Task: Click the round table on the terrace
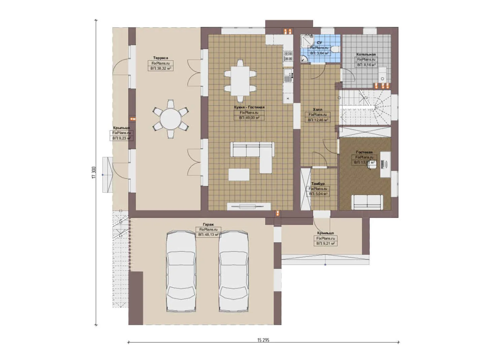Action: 170,119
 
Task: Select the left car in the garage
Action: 181,271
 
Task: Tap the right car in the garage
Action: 234,271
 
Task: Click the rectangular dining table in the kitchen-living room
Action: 240,81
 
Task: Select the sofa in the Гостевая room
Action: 367,202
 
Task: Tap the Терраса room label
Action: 161,58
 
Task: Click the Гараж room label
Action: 208,225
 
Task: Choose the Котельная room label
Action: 366,54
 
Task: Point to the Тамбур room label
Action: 318,184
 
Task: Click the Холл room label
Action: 317,110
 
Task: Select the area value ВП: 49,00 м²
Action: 249,118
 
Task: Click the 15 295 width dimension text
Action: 263,340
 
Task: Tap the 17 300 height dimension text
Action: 94,172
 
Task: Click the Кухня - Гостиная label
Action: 249,107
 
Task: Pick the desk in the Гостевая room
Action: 385,164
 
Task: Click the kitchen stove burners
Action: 288,56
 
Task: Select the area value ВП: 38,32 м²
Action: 161,68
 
